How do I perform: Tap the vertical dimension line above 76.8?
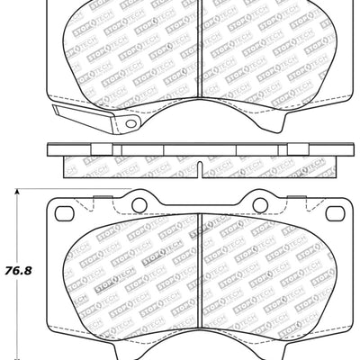[x=21, y=225]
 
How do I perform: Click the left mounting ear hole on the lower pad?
[x=63, y=212]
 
